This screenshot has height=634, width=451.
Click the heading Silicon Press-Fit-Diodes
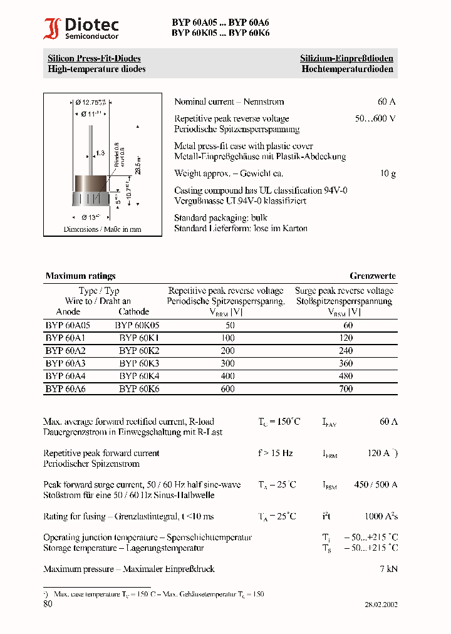[94, 58]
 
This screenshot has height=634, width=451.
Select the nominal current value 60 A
[386, 101]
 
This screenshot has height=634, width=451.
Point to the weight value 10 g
[388, 173]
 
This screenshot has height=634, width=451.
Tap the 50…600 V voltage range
[375, 118]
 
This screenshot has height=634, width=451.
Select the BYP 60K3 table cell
[139, 363]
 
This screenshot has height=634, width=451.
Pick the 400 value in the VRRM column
[227, 376]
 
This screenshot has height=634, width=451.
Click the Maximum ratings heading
[80, 276]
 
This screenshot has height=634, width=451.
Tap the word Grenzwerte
[372, 276]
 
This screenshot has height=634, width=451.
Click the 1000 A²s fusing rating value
[381, 516]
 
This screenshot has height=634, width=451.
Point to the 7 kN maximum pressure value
[388, 569]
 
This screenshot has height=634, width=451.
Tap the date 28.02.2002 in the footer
[381, 605]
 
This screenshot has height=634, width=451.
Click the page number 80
[48, 604]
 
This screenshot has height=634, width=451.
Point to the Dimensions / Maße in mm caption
[102, 229]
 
